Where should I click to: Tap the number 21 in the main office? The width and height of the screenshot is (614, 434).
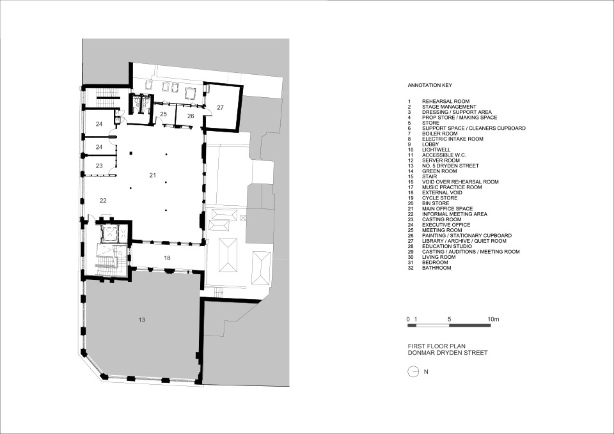[153, 174]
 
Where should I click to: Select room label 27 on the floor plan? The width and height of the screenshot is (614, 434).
[220, 107]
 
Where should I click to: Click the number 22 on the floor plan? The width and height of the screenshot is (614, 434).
[103, 200]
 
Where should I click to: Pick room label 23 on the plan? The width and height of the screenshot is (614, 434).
[99, 166]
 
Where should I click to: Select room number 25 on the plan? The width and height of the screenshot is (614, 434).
[163, 114]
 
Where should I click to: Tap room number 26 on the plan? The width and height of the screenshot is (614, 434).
[190, 116]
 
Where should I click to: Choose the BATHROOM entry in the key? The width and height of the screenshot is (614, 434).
[436, 268]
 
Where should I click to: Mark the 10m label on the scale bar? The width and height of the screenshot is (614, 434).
[492, 318]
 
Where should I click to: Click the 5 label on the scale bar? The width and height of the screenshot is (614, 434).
[450, 318]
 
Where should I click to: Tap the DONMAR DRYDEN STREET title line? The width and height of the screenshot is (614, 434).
[447, 353]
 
